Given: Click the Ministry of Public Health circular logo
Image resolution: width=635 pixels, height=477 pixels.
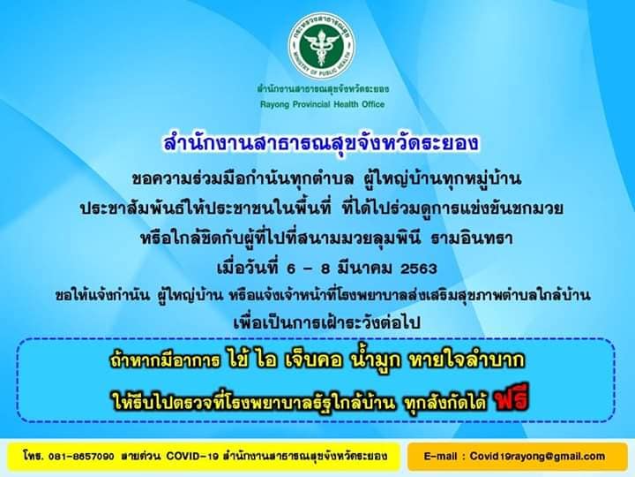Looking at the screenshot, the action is [322, 45].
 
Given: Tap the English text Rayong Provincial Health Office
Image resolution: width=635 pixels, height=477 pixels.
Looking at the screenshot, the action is [323, 104].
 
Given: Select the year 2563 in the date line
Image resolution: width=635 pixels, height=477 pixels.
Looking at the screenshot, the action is [419, 269].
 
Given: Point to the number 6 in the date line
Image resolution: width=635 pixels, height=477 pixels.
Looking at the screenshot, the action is [291, 269].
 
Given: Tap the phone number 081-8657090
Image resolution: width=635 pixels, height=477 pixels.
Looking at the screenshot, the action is [81, 456].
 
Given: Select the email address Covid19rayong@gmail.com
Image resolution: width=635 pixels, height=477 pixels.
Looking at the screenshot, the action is [537, 456].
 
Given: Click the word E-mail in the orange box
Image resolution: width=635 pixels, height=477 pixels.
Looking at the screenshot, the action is [441, 456].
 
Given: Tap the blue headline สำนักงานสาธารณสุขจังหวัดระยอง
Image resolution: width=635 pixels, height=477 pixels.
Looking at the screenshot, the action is [321, 143].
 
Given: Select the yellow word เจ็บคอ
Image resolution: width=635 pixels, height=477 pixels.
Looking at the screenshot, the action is [313, 360].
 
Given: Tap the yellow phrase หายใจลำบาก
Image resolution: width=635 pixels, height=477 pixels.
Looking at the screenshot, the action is [467, 360].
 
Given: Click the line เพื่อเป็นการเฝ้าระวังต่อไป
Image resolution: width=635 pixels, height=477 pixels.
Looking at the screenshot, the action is [327, 322].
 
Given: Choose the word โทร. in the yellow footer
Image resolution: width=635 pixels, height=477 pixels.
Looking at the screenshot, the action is [34, 456].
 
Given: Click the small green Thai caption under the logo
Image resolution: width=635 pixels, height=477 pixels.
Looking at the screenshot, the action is [323, 89].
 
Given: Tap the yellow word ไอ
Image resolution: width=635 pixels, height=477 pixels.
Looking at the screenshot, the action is [266, 360].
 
